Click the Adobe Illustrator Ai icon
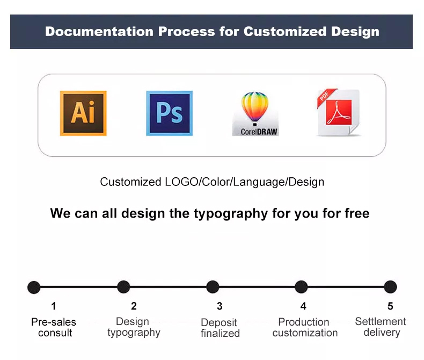(x=83, y=113)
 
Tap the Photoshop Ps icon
(x=169, y=113)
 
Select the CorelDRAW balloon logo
(x=255, y=114)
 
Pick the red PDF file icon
(x=339, y=112)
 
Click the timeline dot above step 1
(x=34, y=287)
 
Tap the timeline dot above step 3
(x=213, y=287)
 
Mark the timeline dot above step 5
(x=390, y=287)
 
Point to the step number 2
(x=134, y=306)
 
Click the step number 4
(x=303, y=306)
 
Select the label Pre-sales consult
(x=54, y=327)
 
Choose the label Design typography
(x=134, y=328)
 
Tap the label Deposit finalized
(x=220, y=328)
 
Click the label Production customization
(x=305, y=327)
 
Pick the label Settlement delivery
(x=381, y=327)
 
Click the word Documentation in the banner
(x=99, y=31)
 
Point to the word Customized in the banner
(x=285, y=31)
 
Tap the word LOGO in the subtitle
(x=181, y=182)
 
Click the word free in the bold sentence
(x=357, y=213)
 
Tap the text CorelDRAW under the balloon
(x=259, y=132)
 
